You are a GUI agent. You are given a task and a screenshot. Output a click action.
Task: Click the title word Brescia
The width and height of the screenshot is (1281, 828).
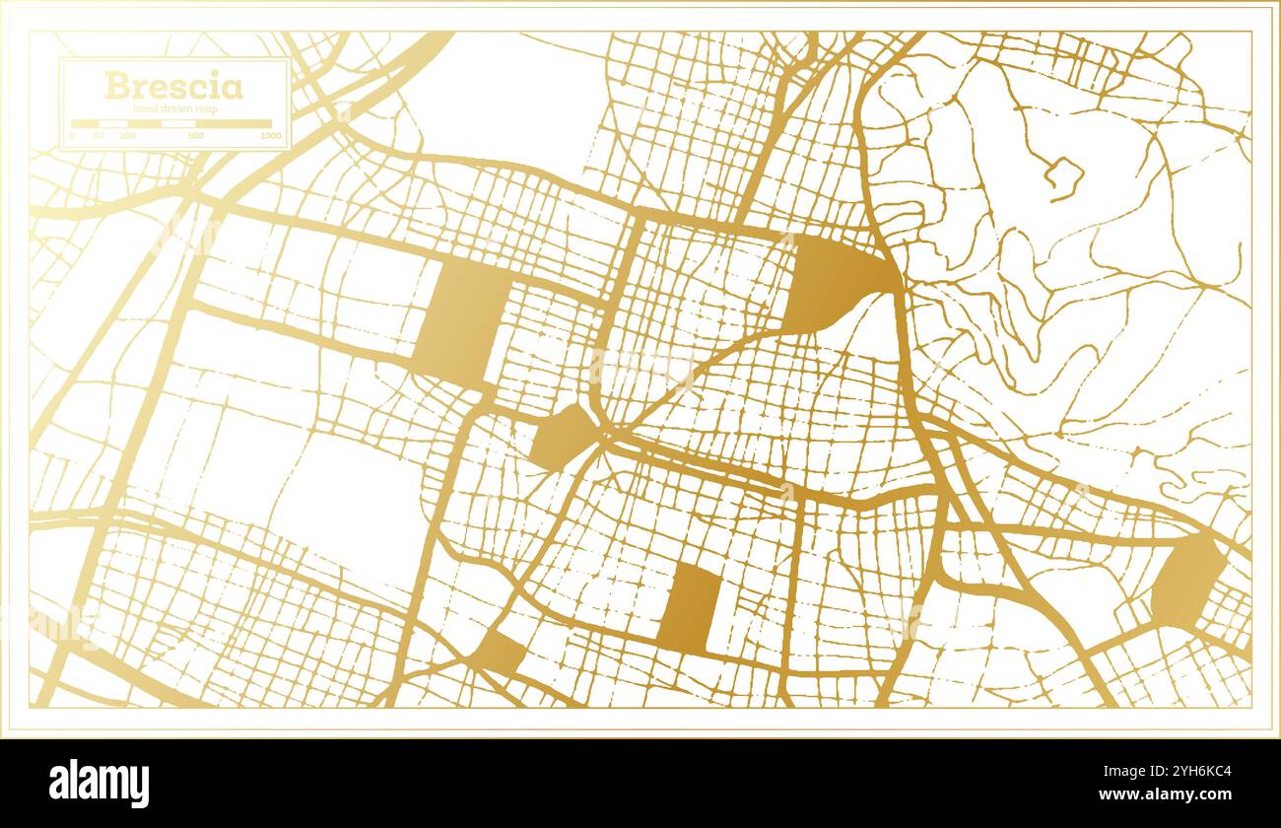coord(173,86)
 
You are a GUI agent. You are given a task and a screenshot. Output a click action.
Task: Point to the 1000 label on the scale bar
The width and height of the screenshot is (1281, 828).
coord(270,135)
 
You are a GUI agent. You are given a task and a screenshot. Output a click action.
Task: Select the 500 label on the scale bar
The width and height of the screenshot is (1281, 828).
coord(196,135)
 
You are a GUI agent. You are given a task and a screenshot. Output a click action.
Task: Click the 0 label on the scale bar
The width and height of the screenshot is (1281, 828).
coord(72,135)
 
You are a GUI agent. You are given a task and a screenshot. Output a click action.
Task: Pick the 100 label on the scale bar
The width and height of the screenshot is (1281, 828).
coord(127,135)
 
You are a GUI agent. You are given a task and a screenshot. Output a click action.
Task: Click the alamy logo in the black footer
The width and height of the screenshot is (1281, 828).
coord(99,784)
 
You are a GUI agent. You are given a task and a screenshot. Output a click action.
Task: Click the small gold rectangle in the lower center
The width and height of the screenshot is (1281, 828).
coord(689,608)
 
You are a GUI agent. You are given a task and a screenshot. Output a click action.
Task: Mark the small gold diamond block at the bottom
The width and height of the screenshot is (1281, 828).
coord(501,652)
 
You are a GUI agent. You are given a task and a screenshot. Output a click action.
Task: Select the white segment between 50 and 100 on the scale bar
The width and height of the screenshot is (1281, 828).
coord(113,124)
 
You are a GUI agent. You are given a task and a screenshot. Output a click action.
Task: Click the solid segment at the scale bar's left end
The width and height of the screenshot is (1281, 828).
coord(85,124)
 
